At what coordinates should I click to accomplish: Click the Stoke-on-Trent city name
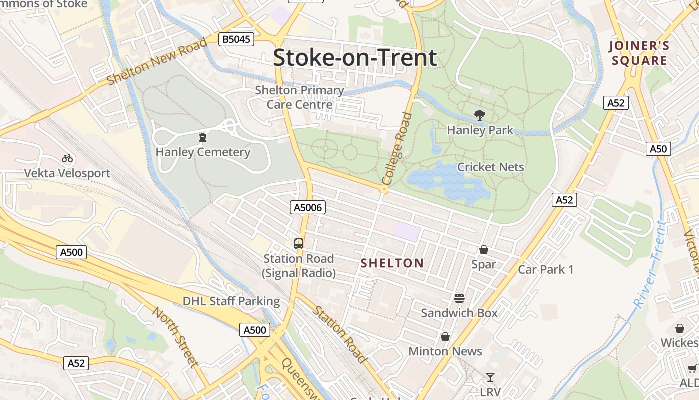(x=354, y=57)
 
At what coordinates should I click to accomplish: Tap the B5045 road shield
(x=236, y=39)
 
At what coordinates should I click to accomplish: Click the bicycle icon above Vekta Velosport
(x=67, y=159)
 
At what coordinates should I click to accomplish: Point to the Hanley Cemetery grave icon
(x=203, y=137)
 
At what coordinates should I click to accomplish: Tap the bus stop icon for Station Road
(x=299, y=244)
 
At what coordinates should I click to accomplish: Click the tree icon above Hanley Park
(x=479, y=115)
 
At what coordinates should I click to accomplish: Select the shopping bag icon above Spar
(x=483, y=250)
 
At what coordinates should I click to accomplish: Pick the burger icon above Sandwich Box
(x=459, y=298)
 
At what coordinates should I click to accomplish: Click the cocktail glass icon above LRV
(x=490, y=377)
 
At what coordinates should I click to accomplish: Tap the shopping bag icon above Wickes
(x=679, y=328)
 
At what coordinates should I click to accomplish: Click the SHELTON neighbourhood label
(x=392, y=263)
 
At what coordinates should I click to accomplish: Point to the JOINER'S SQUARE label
(x=639, y=54)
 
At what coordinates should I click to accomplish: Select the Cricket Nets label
(x=490, y=167)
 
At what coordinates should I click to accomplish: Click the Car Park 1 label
(x=546, y=270)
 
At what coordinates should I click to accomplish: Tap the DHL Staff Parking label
(x=231, y=301)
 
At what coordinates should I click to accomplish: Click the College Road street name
(x=397, y=149)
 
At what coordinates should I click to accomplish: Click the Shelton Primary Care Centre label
(x=299, y=97)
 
